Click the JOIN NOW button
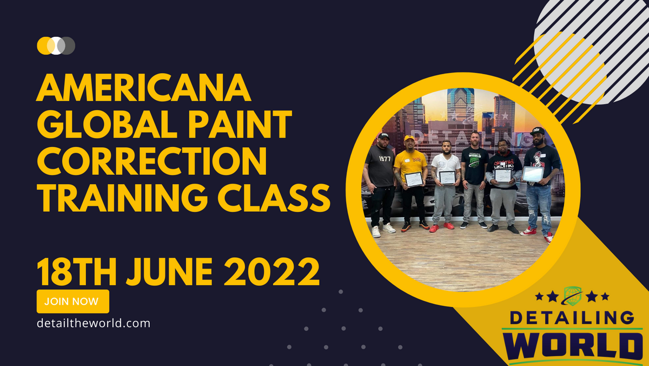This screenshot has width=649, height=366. click(72, 302)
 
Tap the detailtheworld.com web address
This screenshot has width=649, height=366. click(93, 323)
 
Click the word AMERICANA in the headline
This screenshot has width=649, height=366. click(144, 89)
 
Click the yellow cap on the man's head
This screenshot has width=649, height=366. click(409, 139)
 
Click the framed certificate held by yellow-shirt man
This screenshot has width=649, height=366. click(414, 179)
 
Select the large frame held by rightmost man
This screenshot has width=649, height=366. click(533, 174)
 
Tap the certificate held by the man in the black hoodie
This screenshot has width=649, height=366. click(503, 175)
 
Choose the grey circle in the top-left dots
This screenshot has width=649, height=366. click(68, 45)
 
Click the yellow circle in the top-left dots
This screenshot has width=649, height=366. click(43, 45)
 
